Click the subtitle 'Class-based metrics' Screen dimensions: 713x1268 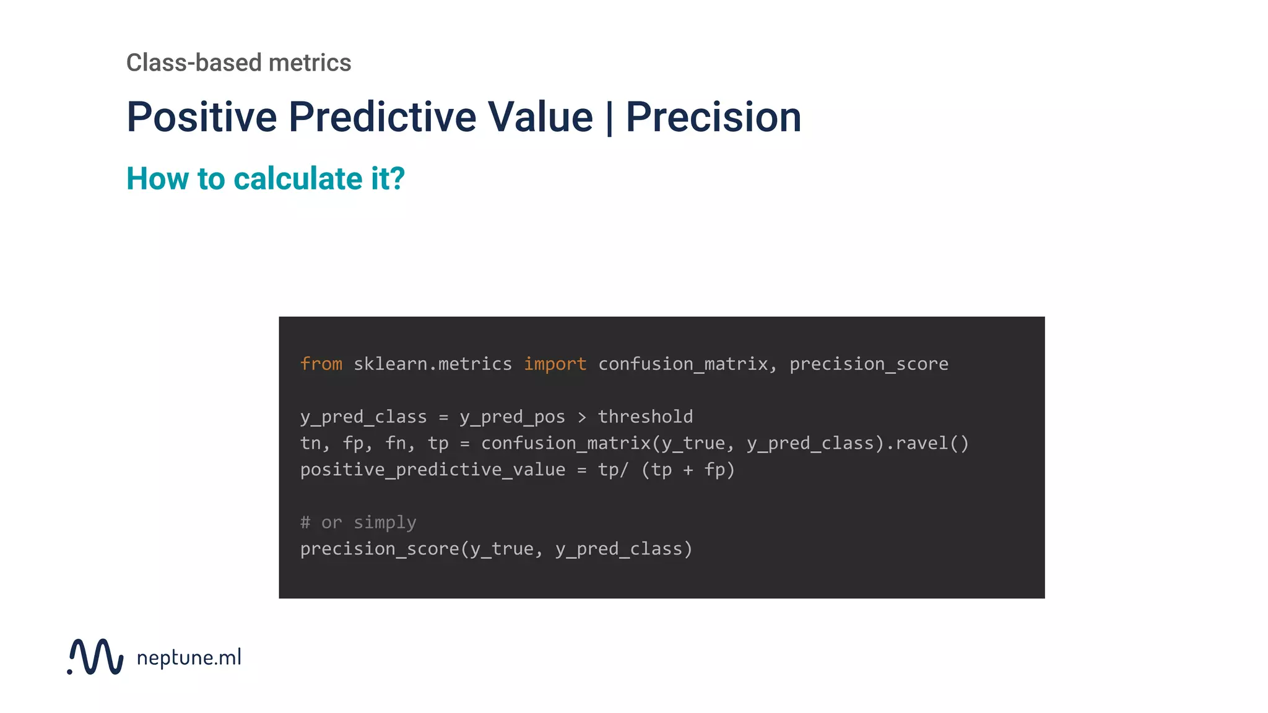coord(238,63)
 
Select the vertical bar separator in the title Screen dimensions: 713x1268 coord(610,118)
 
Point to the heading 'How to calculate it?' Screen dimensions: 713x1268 coord(265,178)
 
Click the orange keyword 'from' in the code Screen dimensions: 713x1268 coord(321,364)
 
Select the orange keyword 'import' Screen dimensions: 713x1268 coord(555,364)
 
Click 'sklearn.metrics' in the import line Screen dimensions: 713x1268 coord(433,364)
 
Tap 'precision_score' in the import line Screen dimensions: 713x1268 coord(869,364)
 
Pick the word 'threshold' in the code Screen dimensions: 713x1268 coord(645,417)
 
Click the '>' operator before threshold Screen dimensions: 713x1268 coord(581,417)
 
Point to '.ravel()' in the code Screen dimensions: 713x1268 coord(927,443)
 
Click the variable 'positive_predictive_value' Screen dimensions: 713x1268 coord(433,470)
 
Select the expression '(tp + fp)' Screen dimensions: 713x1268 coord(688,470)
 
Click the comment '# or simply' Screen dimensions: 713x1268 coord(358,522)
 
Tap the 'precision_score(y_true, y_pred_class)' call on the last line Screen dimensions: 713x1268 coord(496,549)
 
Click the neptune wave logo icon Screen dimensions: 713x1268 coord(96,656)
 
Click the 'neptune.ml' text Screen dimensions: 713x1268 coord(189,657)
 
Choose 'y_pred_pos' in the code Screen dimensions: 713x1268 coord(512,417)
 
